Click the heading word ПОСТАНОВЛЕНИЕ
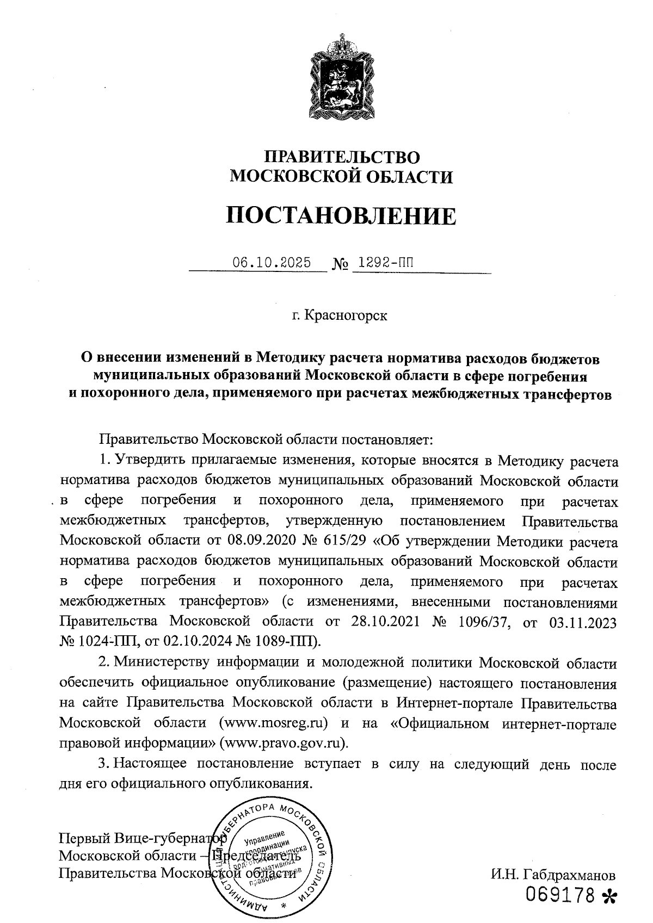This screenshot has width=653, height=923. click(341, 216)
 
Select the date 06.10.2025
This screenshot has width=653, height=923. click(272, 263)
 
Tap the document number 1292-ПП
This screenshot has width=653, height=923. click(383, 263)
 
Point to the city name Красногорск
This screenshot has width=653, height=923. click(346, 315)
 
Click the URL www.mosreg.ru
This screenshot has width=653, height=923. click(273, 724)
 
